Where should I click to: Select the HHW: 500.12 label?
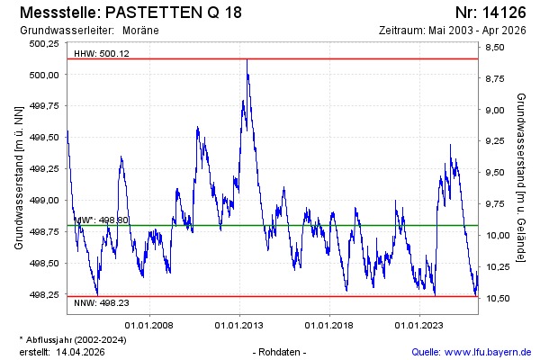[102, 53]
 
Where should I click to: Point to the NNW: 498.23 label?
[101, 303]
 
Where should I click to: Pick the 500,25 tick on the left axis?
[42, 43]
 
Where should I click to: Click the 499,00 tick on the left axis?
[42, 200]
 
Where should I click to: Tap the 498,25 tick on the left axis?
[42, 294]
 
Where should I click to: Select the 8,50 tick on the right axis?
[495, 48]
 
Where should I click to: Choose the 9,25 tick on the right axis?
[495, 141]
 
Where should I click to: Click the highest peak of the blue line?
[247, 60]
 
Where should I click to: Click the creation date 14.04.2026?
[81, 352]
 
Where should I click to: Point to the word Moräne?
[141, 30]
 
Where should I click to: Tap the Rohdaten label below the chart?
[281, 352]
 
